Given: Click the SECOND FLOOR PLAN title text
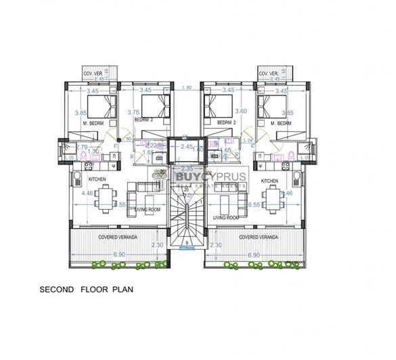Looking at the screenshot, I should [x=86, y=289].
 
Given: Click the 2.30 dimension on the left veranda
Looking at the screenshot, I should [x=158, y=246].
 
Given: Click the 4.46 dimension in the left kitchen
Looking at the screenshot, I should [x=87, y=194].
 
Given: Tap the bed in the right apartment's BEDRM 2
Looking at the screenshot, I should [x=218, y=106].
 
